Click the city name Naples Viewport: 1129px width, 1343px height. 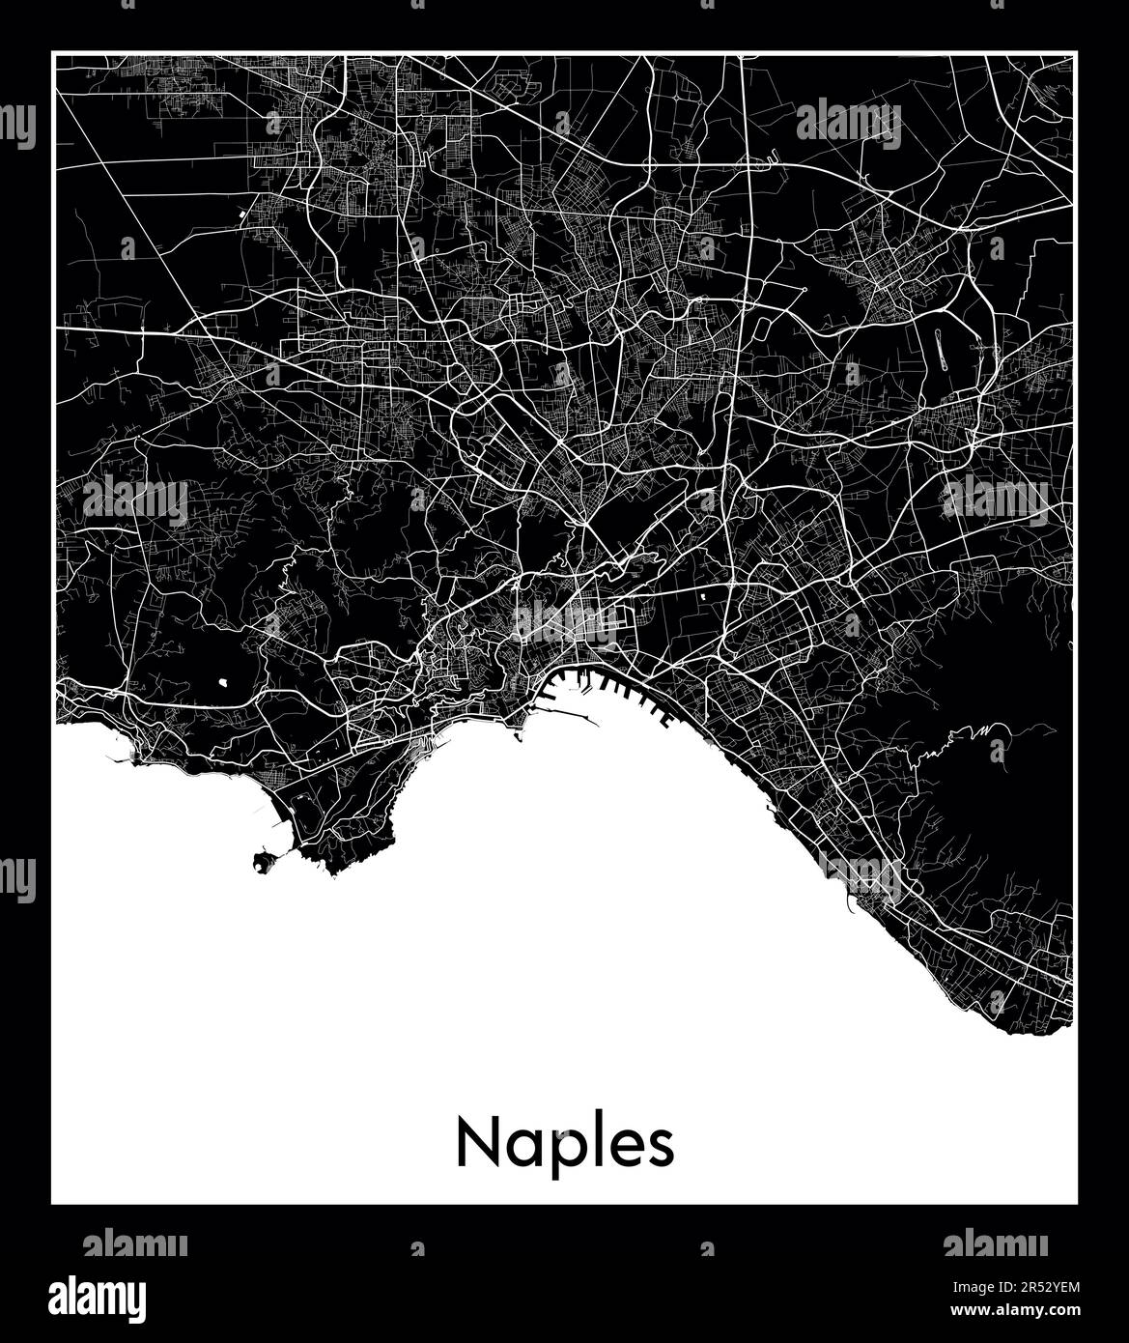coord(565,1144)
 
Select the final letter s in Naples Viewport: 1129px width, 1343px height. coord(662,1148)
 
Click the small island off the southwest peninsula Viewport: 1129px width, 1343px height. coord(262,860)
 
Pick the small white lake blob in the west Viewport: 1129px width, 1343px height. coord(224,681)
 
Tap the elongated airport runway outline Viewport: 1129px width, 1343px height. coord(940,350)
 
